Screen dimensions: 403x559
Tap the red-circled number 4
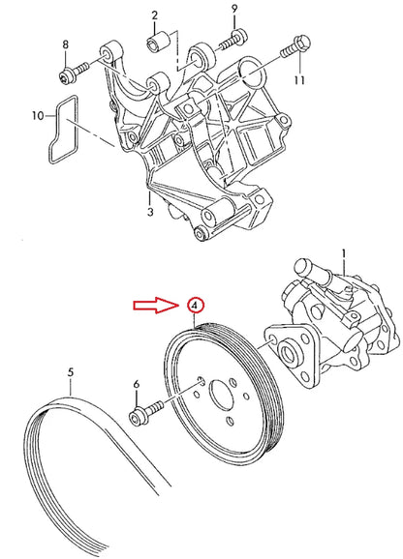195,306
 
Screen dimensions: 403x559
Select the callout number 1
344,256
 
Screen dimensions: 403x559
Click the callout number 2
155,15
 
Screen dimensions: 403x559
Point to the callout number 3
150,212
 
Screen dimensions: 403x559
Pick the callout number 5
71,372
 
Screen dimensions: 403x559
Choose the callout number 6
137,384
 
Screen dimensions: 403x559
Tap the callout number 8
65,44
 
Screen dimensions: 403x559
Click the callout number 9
234,9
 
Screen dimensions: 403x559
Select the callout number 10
38,115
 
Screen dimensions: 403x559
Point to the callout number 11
299,80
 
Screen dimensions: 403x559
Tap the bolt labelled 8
74,73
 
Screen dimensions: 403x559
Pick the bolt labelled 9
232,41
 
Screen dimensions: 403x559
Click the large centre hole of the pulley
222,397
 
